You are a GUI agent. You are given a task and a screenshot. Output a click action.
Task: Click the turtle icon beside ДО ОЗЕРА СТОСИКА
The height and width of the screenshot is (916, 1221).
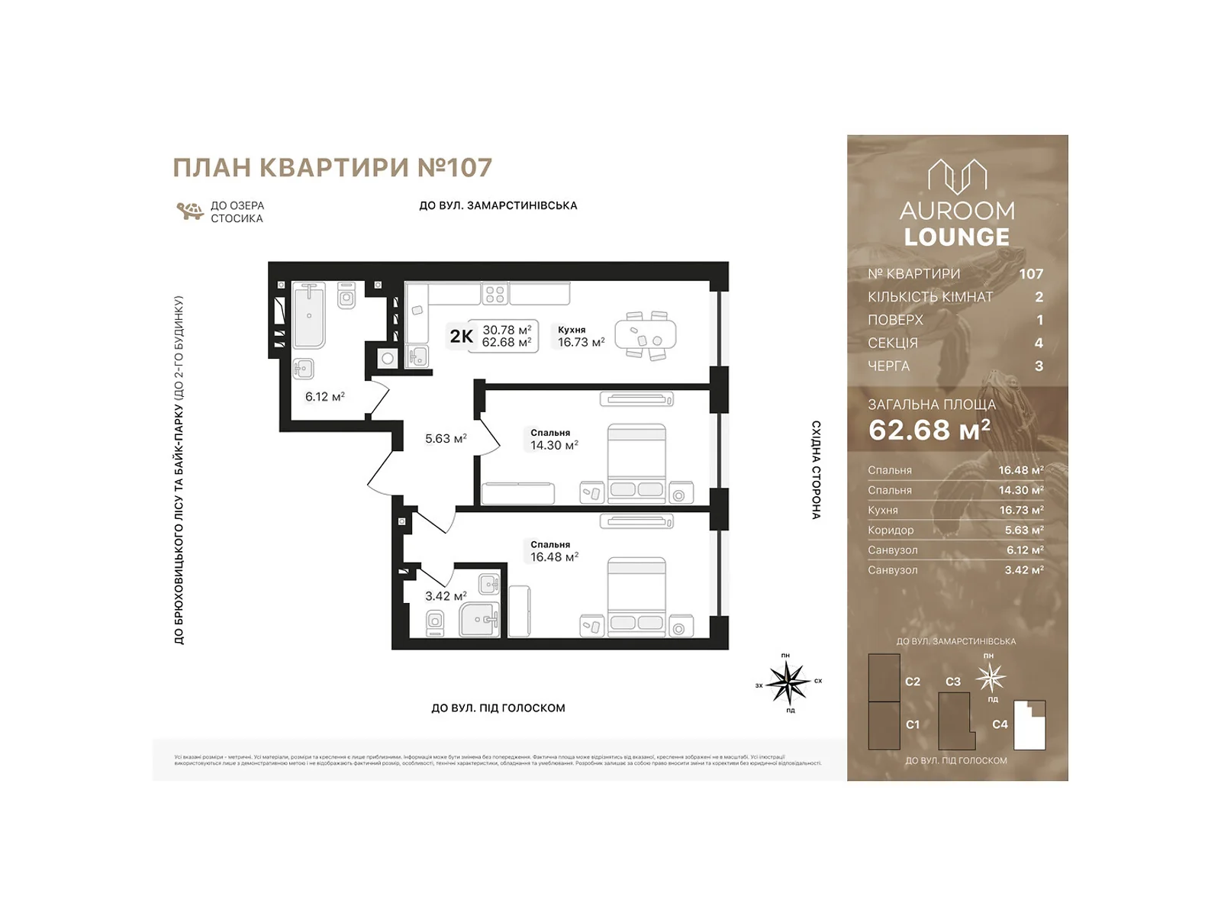(189, 211)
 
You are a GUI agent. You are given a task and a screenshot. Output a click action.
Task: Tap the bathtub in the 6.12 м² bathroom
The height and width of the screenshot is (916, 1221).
(309, 315)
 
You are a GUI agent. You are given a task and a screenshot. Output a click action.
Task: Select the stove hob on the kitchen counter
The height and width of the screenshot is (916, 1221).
(495, 294)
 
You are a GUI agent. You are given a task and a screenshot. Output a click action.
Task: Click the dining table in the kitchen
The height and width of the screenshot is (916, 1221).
(646, 335)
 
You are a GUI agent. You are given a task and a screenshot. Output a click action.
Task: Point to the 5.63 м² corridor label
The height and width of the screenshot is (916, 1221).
(446, 439)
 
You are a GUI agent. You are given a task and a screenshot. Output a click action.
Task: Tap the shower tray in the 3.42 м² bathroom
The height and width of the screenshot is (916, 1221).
(479, 620)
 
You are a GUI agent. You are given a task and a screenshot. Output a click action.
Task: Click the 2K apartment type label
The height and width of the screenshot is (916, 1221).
(461, 337)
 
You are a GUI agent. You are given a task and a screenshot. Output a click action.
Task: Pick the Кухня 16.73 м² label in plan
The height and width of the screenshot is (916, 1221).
(580, 337)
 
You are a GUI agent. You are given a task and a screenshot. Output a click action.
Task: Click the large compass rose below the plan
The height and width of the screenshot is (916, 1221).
(788, 682)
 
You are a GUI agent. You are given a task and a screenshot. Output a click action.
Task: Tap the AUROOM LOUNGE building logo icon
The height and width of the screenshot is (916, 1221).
(957, 176)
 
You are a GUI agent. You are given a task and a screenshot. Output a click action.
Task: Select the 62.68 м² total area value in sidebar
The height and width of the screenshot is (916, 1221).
(929, 431)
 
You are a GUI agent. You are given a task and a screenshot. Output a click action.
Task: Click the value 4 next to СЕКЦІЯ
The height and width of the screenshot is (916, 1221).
(1038, 343)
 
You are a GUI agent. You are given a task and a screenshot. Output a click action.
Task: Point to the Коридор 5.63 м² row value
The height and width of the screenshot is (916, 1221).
(1023, 530)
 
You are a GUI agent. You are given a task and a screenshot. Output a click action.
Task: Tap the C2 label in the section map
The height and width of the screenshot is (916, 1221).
(913, 682)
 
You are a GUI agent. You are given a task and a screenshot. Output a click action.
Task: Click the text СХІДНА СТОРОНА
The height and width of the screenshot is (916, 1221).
(816, 469)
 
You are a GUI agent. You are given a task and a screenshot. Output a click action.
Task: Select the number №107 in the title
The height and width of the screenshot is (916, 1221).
(455, 168)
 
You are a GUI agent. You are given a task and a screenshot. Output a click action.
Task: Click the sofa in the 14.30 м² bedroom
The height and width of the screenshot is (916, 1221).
(518, 493)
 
